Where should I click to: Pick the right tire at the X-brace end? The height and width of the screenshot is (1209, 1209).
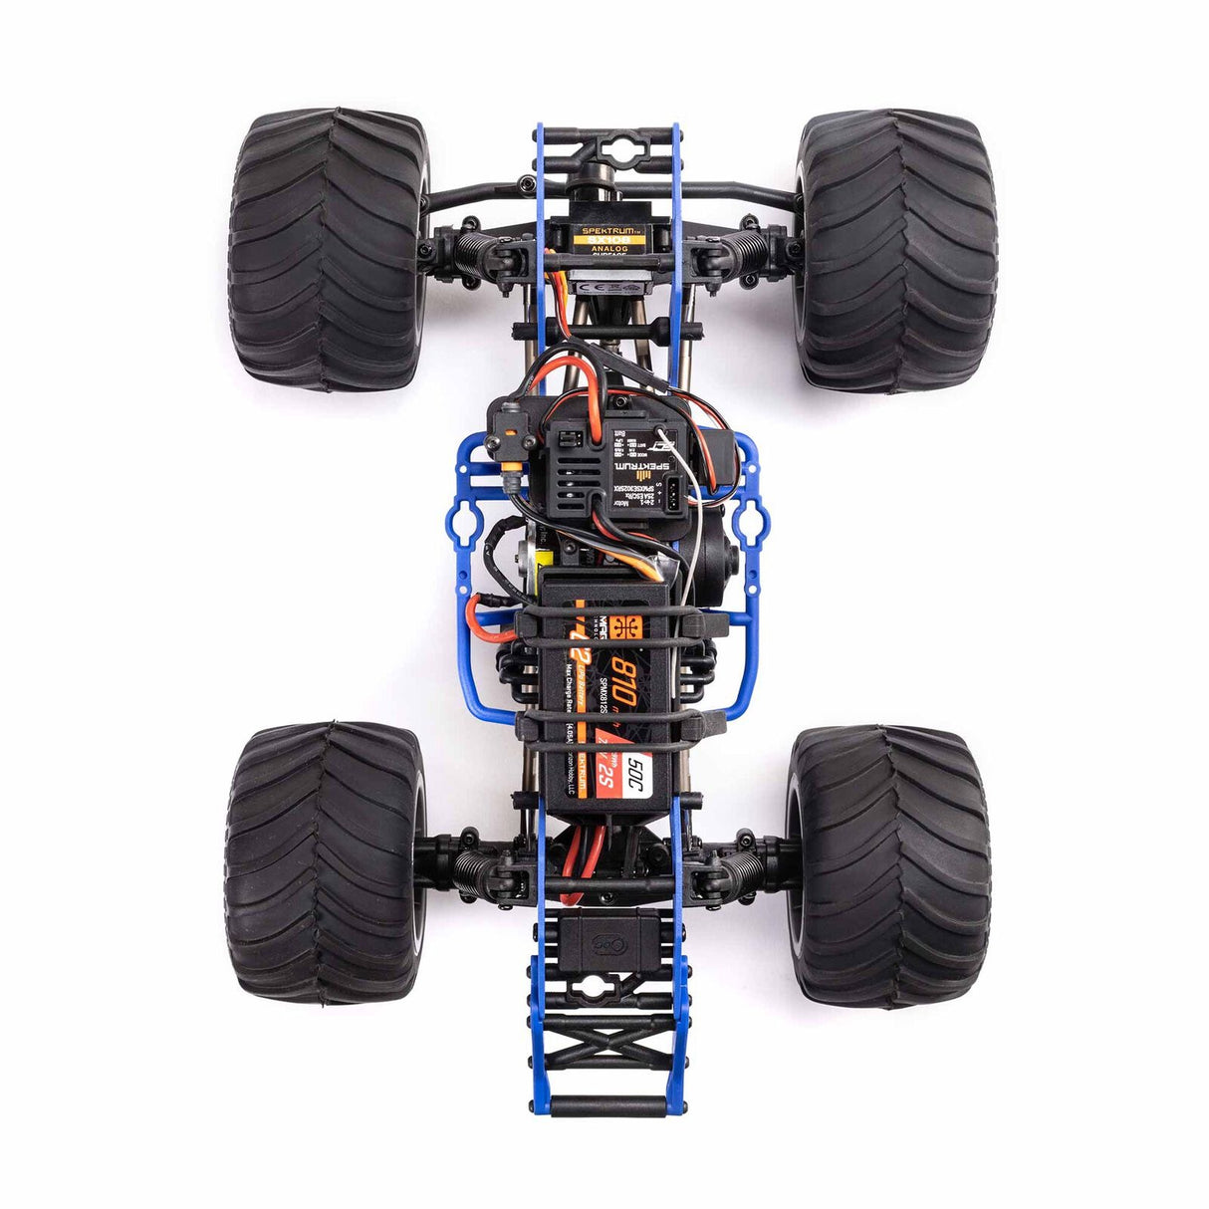[889, 864]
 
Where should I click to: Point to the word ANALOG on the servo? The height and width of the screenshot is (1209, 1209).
[607, 251]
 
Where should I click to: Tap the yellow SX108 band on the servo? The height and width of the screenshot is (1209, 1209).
[607, 241]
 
